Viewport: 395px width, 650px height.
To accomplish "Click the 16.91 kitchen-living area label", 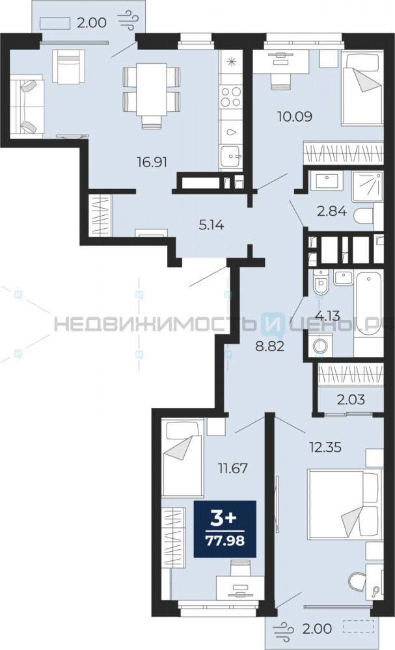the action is coord(152,162).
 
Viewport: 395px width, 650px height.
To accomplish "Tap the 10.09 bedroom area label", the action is coord(295,116).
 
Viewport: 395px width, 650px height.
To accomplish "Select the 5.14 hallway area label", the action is coord(211,225).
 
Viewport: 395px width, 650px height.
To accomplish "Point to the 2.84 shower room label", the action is coord(331,211).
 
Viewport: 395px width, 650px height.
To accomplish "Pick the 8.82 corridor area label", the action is coord(270,346).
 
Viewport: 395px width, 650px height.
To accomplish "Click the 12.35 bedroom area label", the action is coord(325,447).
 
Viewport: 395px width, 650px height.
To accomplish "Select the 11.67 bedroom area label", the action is coord(233,469).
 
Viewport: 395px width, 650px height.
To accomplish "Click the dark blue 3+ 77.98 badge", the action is coord(225,529).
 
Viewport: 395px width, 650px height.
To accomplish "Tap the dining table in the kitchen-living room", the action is coord(152,90).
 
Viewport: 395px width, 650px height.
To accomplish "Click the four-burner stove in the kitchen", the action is coord(231,97).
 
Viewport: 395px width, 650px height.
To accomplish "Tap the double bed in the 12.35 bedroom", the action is coord(345,504).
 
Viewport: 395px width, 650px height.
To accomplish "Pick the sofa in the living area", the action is coord(27,107).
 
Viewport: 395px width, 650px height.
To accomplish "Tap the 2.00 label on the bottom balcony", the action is coord(317,629).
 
